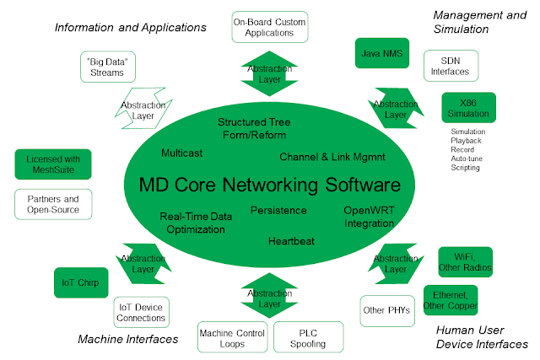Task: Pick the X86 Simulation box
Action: (x=468, y=108)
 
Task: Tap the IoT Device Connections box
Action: (x=141, y=311)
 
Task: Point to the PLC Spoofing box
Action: (x=308, y=336)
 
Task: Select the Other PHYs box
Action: (x=386, y=309)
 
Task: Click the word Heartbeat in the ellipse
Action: (x=291, y=241)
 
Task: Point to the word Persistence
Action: (x=279, y=210)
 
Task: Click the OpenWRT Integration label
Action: (x=369, y=217)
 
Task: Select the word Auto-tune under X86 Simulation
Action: (x=467, y=159)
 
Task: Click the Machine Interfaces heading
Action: (x=128, y=339)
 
